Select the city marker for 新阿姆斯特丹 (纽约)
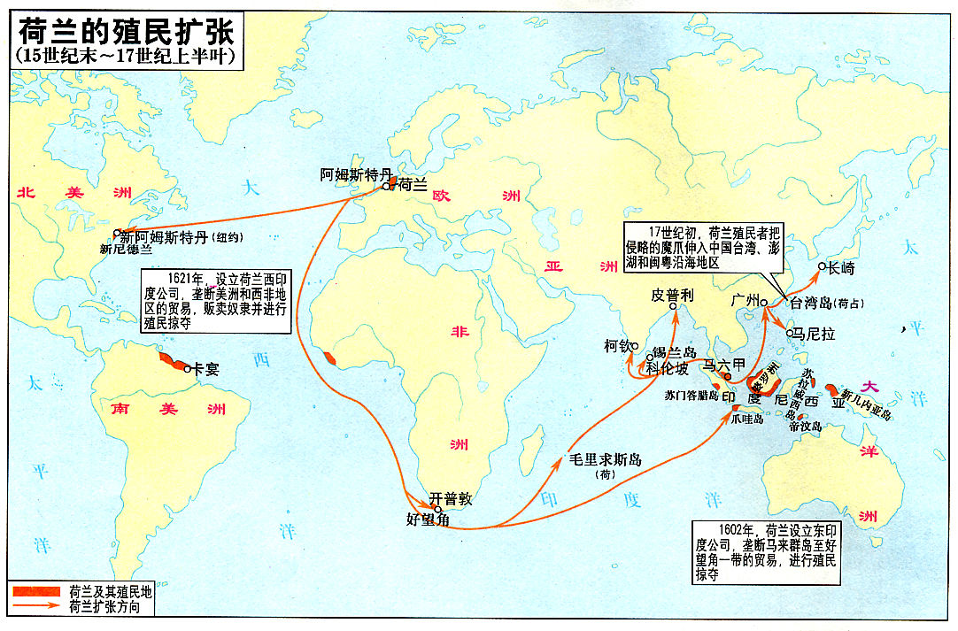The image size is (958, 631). [x=116, y=234]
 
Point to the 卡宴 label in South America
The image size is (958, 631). [x=206, y=369]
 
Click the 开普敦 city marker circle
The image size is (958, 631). [x=437, y=508]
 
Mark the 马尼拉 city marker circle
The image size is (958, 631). [x=791, y=334]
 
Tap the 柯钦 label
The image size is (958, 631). [x=616, y=346]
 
